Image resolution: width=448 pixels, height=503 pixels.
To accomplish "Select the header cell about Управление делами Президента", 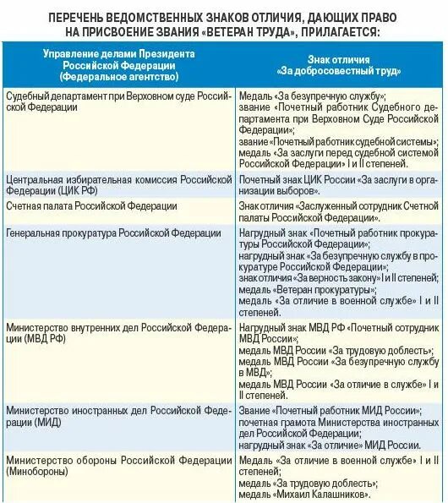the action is click(118, 65).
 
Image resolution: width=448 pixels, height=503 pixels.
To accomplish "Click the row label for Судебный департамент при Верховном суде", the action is click(118, 102).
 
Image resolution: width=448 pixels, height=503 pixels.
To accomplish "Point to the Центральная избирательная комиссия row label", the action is click(118, 185).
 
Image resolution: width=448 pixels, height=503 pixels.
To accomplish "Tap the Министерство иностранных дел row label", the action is click(118, 415).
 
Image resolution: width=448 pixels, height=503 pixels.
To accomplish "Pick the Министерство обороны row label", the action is click(118, 465).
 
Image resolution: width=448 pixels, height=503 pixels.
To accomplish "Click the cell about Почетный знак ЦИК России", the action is click(338, 185).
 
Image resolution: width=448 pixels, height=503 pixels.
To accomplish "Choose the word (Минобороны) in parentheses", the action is click(36, 471).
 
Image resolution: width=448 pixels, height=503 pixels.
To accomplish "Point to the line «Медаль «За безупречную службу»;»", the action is click(313, 96).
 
